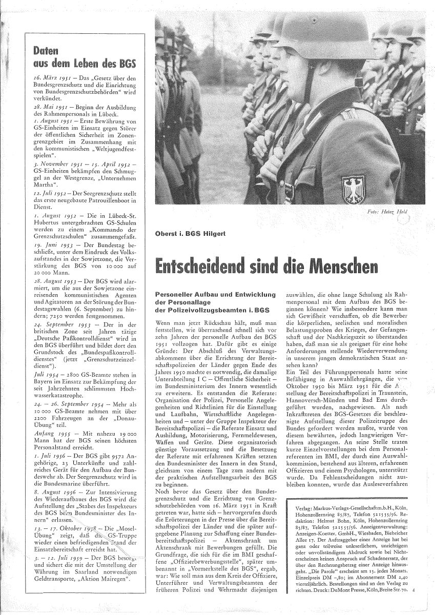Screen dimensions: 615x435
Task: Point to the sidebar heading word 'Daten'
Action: tap(44, 51)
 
